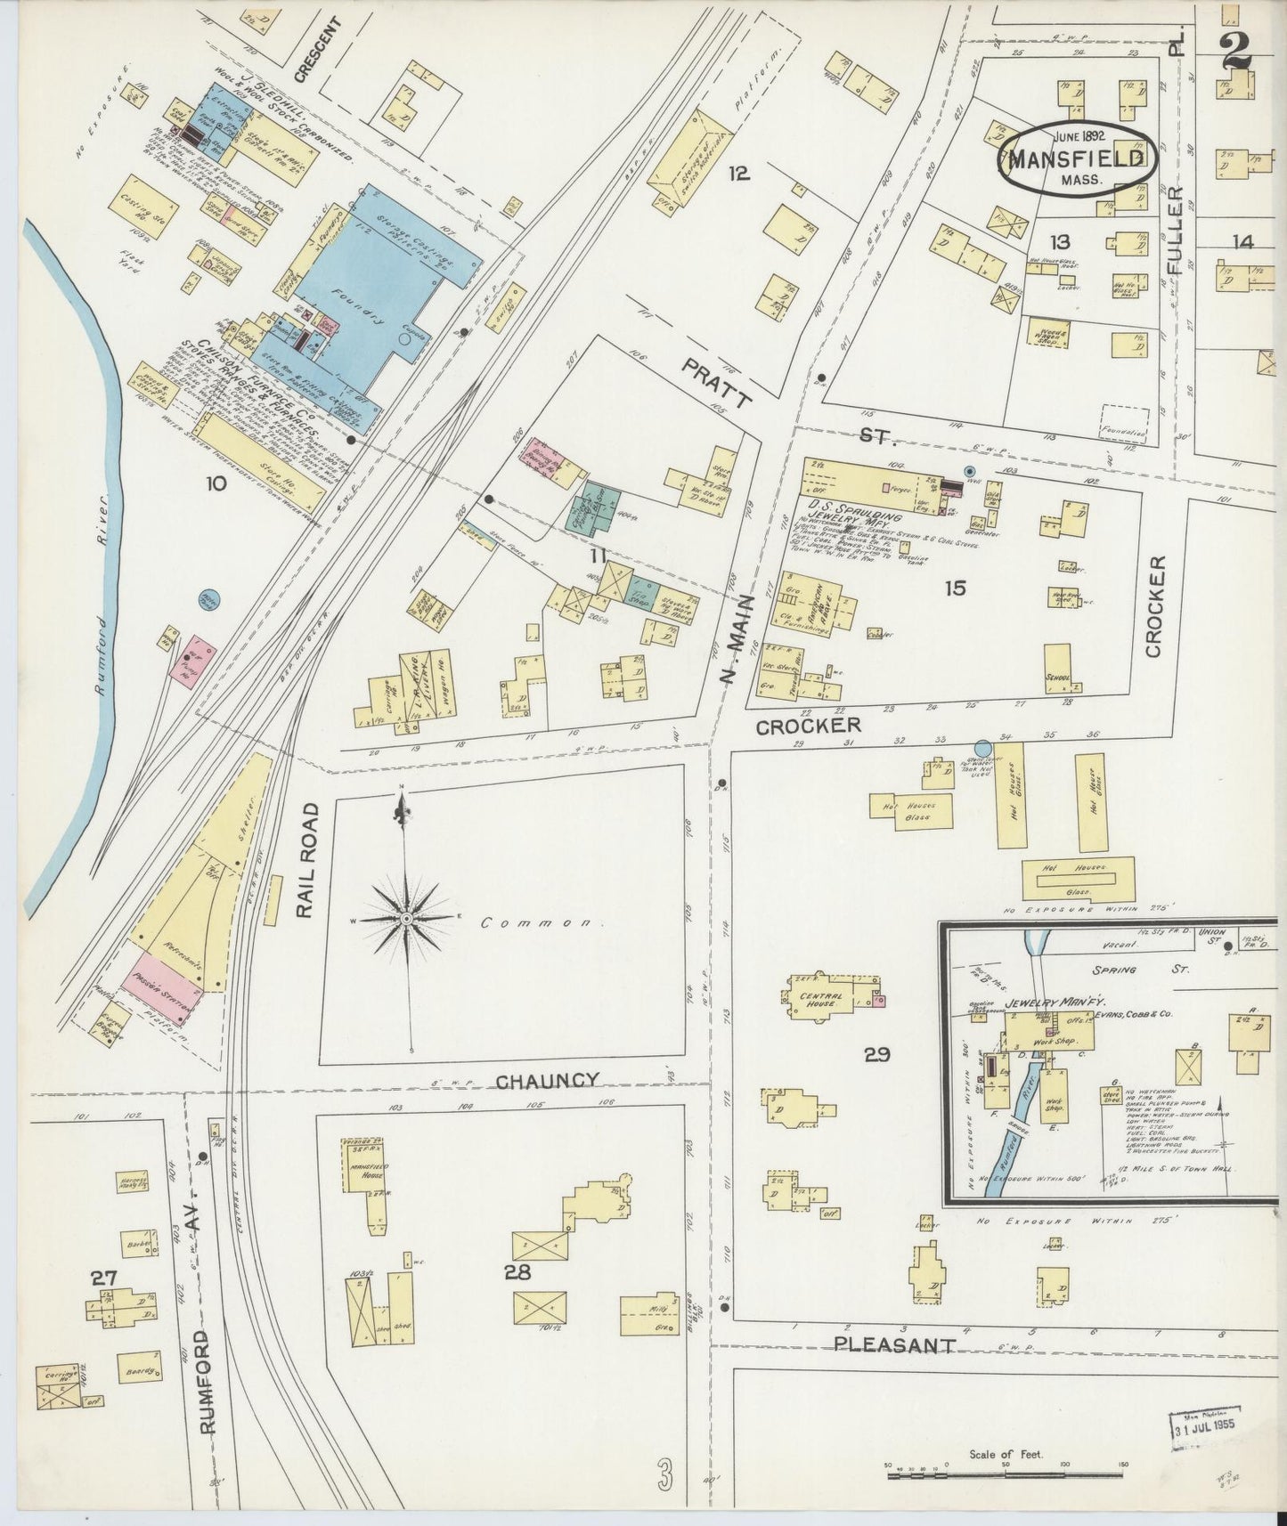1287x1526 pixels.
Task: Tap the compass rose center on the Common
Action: point(406,917)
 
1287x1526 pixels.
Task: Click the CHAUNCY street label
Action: point(546,1080)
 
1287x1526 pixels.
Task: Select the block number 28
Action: point(517,1274)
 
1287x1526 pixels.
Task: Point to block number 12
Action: point(738,174)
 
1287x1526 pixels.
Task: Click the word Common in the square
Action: point(534,923)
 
